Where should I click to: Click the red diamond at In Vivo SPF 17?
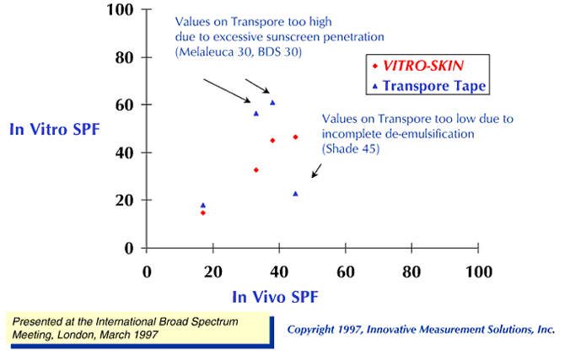coord(203,212)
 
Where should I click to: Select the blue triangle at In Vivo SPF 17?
coord(203,205)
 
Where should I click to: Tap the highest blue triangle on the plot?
coord(272,103)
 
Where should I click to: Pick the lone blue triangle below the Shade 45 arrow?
coord(295,193)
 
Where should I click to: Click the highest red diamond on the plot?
coord(295,137)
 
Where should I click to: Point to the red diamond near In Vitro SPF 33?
coord(256,169)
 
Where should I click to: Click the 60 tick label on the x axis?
coord(345,271)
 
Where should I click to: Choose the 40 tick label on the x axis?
coord(279,271)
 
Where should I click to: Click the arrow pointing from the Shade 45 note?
coord(317,170)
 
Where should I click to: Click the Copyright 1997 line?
coord(421,329)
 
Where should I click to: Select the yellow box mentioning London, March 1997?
coord(139,329)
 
